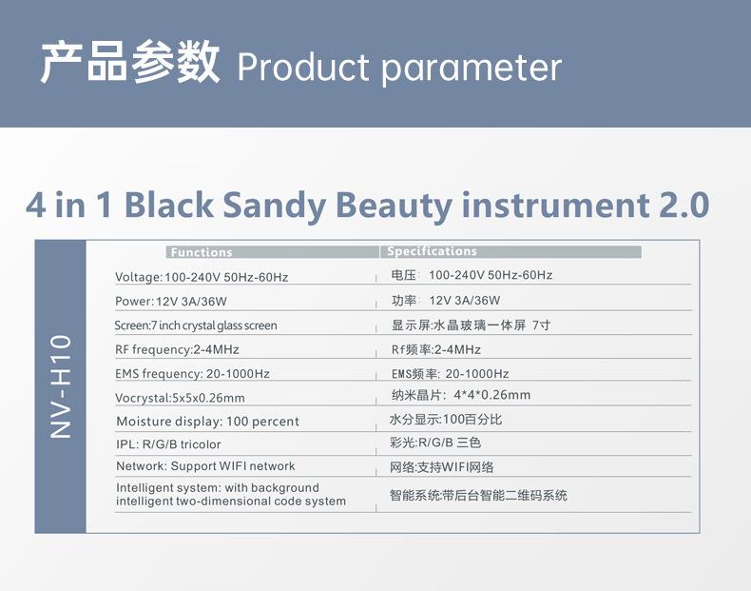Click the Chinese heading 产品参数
click(x=130, y=62)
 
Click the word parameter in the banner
click(x=472, y=69)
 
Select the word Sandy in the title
click(x=274, y=207)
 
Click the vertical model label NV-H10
click(x=61, y=386)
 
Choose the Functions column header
click(x=202, y=252)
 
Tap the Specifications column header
click(x=432, y=251)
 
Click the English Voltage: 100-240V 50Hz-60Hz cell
click(x=202, y=277)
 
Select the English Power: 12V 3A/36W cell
click(x=171, y=301)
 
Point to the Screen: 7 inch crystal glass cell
click(x=196, y=325)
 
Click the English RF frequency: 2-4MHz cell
click(x=177, y=349)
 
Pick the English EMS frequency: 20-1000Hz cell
click(x=193, y=373)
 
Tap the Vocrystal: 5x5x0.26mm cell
click(x=180, y=398)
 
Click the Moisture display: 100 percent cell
click(x=208, y=422)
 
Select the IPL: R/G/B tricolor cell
click(x=168, y=444)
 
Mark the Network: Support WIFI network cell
click(x=206, y=466)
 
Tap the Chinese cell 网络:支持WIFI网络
click(x=442, y=467)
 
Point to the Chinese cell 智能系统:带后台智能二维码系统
click(x=478, y=495)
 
